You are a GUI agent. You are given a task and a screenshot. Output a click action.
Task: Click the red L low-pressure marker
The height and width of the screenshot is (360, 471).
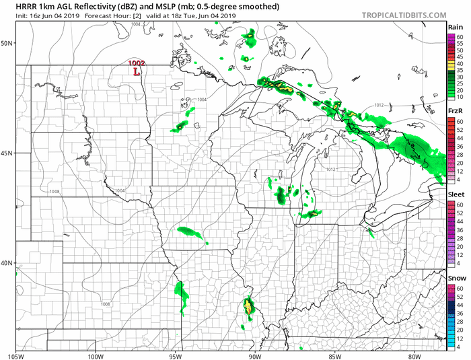point(137,71)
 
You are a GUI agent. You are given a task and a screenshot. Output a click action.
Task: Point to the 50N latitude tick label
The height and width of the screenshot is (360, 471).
point(8,43)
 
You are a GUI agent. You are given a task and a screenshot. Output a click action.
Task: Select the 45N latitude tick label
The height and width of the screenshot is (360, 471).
point(8,153)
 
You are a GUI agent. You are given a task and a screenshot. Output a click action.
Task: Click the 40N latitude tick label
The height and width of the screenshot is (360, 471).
point(8,263)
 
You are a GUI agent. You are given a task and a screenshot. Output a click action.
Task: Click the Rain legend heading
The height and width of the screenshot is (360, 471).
point(456,27)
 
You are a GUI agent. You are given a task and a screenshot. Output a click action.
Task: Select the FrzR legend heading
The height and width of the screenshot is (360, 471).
point(456,110)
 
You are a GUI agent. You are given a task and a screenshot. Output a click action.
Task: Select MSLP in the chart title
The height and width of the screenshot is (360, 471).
point(169,6)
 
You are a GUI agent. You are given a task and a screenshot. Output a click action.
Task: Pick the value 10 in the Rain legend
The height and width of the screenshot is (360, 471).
point(459,98)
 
